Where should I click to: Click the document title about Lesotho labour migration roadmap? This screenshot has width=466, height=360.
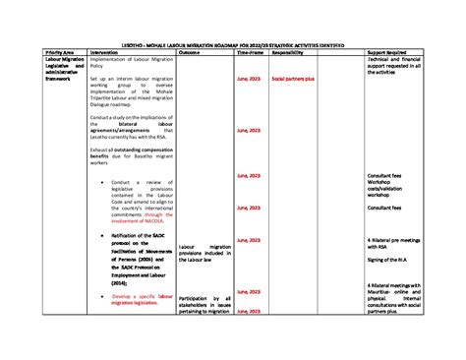[x=232, y=43]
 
